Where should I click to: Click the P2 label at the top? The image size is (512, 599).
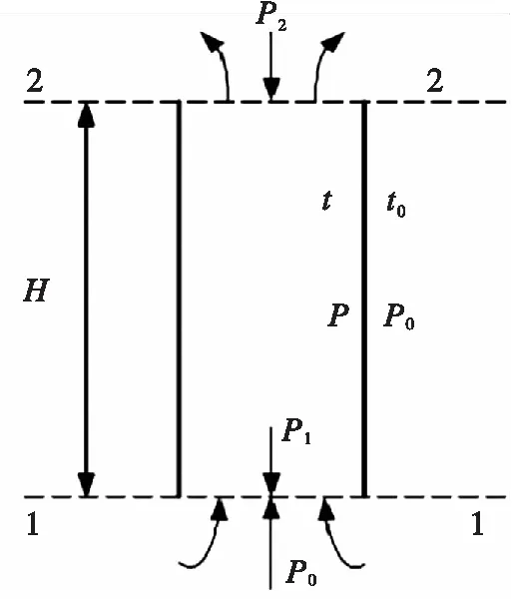click(x=271, y=18)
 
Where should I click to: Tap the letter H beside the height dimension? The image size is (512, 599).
click(x=36, y=291)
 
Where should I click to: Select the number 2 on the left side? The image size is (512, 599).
click(x=35, y=80)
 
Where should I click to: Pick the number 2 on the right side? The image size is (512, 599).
click(x=434, y=80)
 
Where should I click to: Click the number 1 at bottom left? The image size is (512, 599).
click(x=33, y=523)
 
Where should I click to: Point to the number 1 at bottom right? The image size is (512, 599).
click(x=478, y=523)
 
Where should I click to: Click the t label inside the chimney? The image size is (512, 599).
click(x=326, y=200)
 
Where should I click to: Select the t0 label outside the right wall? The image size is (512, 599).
click(x=396, y=204)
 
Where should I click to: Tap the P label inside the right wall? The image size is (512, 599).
click(x=338, y=315)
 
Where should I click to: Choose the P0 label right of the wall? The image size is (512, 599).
click(x=398, y=317)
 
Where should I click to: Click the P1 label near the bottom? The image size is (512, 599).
click(x=296, y=431)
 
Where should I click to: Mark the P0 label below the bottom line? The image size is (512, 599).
click(x=301, y=573)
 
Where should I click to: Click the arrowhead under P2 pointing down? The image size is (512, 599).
click(x=271, y=90)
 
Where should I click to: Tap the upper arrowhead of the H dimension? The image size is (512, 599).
click(x=86, y=114)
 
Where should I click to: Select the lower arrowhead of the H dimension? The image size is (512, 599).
click(x=86, y=485)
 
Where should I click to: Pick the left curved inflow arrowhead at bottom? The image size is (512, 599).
click(x=220, y=509)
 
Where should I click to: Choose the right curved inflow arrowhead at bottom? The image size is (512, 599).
click(x=326, y=509)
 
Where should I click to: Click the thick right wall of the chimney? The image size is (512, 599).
click(x=364, y=299)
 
